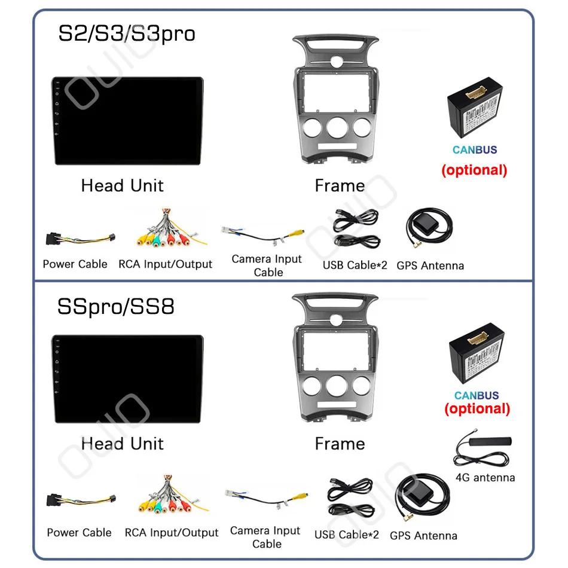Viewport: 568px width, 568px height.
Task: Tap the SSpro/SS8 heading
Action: pyautogui.click(x=116, y=306)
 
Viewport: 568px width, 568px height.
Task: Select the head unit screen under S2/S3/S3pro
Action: pyautogui.click(x=127, y=121)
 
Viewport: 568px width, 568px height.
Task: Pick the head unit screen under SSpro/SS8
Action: pyautogui.click(x=127, y=379)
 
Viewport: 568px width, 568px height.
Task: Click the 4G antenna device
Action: pyautogui.click(x=484, y=451)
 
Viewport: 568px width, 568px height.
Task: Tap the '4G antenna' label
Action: pyautogui.click(x=485, y=477)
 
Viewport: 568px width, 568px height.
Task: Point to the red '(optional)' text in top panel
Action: pyautogui.click(x=474, y=170)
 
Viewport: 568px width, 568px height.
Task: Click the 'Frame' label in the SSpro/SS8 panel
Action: pyautogui.click(x=340, y=444)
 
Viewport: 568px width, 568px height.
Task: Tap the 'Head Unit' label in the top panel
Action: pyautogui.click(x=122, y=185)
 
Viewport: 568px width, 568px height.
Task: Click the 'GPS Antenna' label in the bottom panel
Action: pyautogui.click(x=423, y=536)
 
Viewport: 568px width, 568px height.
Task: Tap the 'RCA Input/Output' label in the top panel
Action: pyautogui.click(x=165, y=264)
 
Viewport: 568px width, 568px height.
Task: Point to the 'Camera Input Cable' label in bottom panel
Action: pyautogui.click(x=265, y=537)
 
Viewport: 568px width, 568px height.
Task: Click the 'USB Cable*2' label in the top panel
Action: pyautogui.click(x=355, y=264)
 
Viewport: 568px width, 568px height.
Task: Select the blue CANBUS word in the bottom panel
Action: pyautogui.click(x=477, y=395)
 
